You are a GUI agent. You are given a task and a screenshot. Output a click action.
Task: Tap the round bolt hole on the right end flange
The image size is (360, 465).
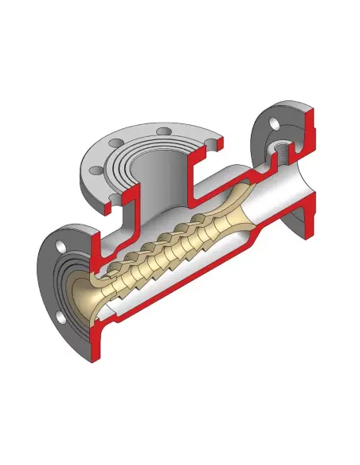(273, 123)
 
